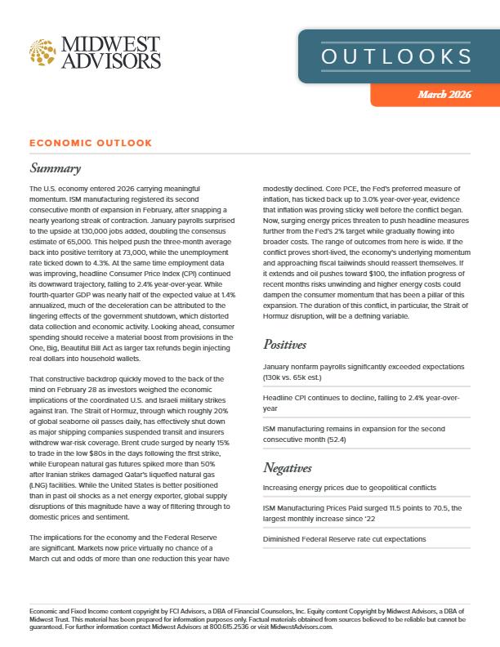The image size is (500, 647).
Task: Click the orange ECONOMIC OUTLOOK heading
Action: coord(91,143)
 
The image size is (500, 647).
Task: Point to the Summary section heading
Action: coord(55,169)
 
